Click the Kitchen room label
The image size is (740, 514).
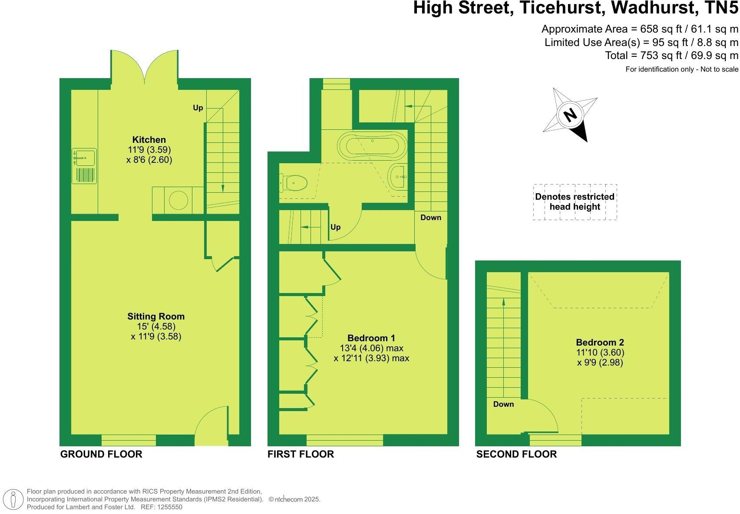click(149, 140)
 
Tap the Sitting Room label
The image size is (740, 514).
click(156, 316)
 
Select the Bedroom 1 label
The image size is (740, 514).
click(371, 338)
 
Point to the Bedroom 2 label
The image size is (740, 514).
click(600, 343)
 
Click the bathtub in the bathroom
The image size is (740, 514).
click(373, 146)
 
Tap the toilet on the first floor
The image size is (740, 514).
click(294, 183)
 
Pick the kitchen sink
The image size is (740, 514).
click(84, 157)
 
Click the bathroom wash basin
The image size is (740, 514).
click(397, 177)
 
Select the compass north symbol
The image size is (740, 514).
click(570, 115)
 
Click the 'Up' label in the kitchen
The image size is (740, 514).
click(198, 108)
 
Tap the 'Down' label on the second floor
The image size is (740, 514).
click(503, 404)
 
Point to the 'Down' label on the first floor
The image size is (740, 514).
click(430, 217)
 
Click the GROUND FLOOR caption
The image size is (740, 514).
click(101, 454)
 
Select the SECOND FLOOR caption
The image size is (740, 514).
click(516, 454)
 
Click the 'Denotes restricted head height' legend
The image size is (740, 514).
click(575, 202)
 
